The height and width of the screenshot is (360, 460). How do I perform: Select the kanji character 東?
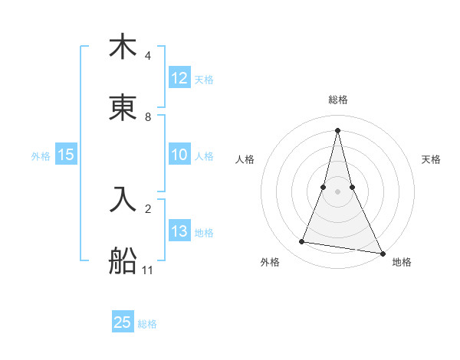click(123, 109)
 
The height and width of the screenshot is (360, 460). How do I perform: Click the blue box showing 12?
click(179, 78)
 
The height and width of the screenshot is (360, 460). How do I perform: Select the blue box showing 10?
click(179, 155)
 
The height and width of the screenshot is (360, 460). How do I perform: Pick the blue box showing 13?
click(179, 231)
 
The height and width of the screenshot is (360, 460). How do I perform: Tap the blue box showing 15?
click(66, 155)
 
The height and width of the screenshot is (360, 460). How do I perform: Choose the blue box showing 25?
click(123, 322)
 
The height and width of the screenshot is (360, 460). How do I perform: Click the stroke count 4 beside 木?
click(148, 56)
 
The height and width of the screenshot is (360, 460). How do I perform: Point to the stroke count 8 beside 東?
click(148, 117)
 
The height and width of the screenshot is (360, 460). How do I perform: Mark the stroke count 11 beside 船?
click(148, 270)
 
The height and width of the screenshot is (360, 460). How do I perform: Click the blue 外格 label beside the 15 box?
click(41, 155)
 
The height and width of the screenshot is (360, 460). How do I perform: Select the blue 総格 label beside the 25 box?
click(148, 324)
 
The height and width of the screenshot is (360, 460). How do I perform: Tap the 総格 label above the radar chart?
click(338, 100)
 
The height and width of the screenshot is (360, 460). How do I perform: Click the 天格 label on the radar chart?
click(432, 159)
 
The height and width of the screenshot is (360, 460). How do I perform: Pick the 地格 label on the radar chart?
click(402, 263)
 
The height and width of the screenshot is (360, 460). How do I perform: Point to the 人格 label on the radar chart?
click(245, 159)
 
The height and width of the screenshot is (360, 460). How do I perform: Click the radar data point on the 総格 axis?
click(338, 129)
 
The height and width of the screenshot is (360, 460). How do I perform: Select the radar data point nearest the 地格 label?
click(382, 252)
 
